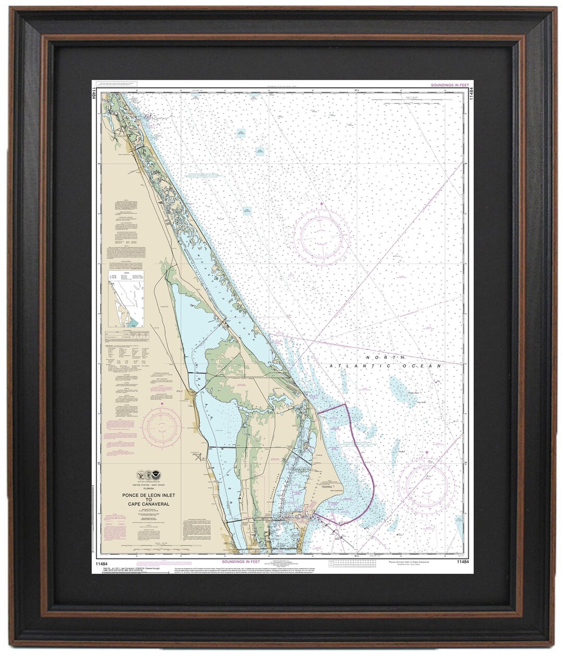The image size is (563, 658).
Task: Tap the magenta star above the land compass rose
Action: [x=162, y=403]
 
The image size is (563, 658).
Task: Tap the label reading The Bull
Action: [x=401, y=452]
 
